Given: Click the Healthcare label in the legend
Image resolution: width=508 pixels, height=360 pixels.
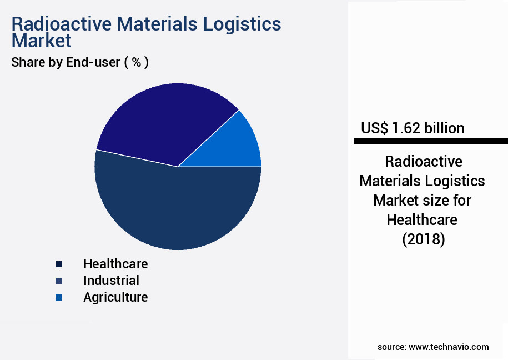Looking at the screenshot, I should click(x=115, y=263).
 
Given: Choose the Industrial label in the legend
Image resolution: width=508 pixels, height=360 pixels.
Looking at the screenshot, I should click(x=111, y=281).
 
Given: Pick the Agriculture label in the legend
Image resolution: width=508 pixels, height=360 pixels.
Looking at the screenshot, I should click(x=115, y=297).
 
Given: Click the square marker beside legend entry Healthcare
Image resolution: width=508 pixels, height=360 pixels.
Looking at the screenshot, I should click(x=58, y=264).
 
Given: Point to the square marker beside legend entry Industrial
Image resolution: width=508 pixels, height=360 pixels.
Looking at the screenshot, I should click(x=58, y=281).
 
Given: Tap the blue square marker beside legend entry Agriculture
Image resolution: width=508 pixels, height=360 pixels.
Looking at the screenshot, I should click(x=58, y=298).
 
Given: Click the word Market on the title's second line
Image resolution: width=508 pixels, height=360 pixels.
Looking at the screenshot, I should click(x=42, y=41).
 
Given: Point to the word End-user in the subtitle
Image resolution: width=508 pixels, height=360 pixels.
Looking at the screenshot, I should click(x=93, y=62).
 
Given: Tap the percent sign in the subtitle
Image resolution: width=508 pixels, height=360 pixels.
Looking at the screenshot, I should click(x=136, y=62).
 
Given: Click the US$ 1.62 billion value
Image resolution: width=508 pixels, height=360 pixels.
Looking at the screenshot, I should click(x=413, y=128).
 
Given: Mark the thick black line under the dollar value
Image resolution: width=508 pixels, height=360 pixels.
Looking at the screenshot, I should click(x=431, y=142).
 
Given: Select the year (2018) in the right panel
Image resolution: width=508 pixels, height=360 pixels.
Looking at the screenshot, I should click(x=423, y=239).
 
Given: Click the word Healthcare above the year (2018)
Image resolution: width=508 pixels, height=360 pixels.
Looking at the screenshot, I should click(x=422, y=219).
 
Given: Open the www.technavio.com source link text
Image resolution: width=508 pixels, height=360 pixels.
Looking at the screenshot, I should click(x=449, y=347).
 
